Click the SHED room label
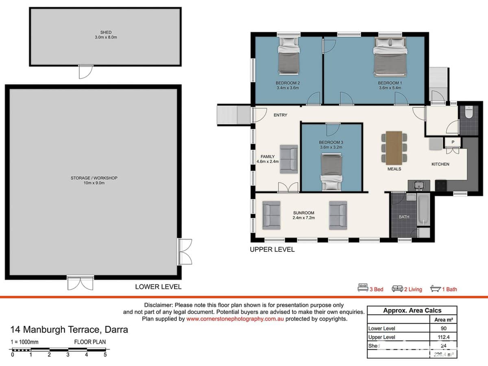coord(106,33)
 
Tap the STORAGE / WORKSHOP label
coord(94,178)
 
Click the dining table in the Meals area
coord(394,147)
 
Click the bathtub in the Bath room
coord(423,210)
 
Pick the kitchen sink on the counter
coord(418,185)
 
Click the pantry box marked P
coord(452,142)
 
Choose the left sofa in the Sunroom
coord(271,215)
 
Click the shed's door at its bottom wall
coord(85,72)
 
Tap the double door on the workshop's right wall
coord(184,251)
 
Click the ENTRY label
coord(280,115)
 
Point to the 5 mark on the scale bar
coord(105,355)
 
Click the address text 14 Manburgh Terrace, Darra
coord(69,329)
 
